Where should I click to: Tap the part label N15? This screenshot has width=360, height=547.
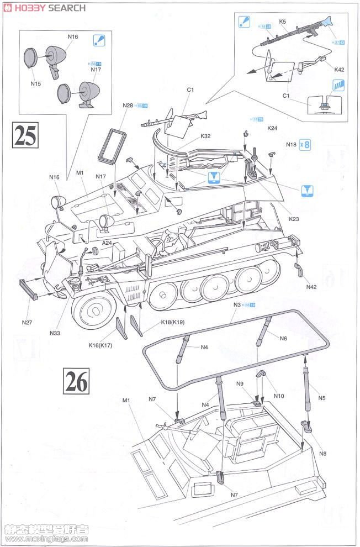36,84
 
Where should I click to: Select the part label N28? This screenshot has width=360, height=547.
128,105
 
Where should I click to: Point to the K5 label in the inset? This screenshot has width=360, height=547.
283,22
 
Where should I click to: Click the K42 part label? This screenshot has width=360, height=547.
339,69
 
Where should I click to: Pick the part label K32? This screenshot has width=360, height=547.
205,136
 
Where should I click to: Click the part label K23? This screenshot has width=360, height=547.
294,219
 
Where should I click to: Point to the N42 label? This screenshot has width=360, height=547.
311,287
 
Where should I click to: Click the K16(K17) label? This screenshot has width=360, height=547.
100,345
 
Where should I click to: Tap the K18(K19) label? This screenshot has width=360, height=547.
172,322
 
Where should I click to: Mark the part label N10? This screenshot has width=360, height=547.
278,396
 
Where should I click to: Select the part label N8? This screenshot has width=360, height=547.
323,454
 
